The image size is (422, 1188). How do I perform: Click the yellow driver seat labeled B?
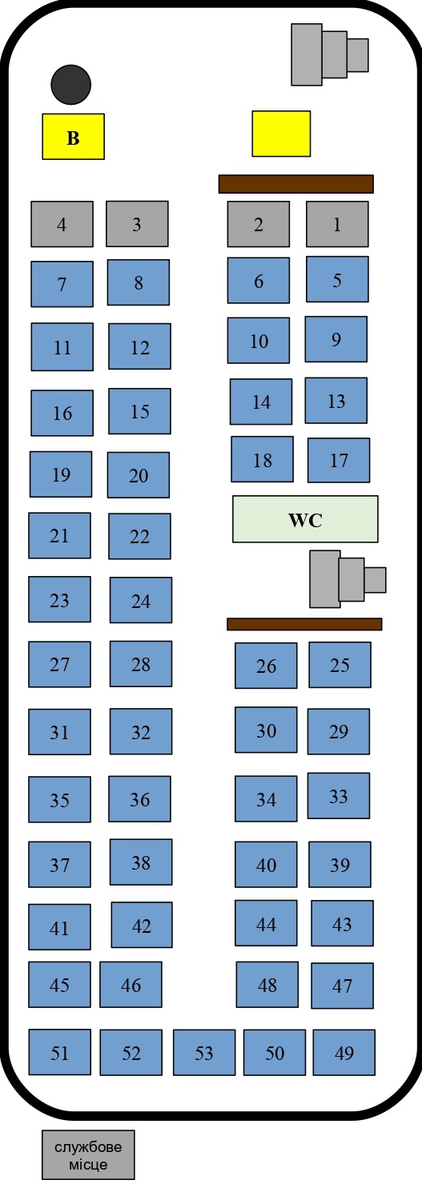(x=73, y=136)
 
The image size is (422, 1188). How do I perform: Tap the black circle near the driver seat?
(x=71, y=85)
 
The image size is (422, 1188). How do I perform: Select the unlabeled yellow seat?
(x=281, y=134)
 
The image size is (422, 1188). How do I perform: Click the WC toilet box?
(x=305, y=519)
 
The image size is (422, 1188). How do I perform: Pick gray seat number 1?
(x=337, y=224)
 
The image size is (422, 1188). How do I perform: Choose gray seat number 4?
(x=62, y=224)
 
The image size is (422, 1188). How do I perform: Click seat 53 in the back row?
(x=204, y=1052)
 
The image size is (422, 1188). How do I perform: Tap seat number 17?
(x=339, y=460)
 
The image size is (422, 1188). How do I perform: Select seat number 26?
(x=266, y=666)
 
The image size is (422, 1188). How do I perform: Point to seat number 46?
(x=131, y=984)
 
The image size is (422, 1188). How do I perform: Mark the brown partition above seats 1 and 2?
(x=296, y=184)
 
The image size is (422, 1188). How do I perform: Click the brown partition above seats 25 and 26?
(x=305, y=624)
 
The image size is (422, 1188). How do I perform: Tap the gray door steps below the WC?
(x=348, y=579)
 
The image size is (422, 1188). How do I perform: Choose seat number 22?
(x=139, y=536)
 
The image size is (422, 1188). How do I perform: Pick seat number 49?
(x=344, y=1052)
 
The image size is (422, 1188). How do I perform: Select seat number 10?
(x=259, y=341)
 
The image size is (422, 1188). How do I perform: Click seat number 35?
(x=59, y=799)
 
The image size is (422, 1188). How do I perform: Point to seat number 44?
(x=266, y=923)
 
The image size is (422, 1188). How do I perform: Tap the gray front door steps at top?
(x=330, y=54)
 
